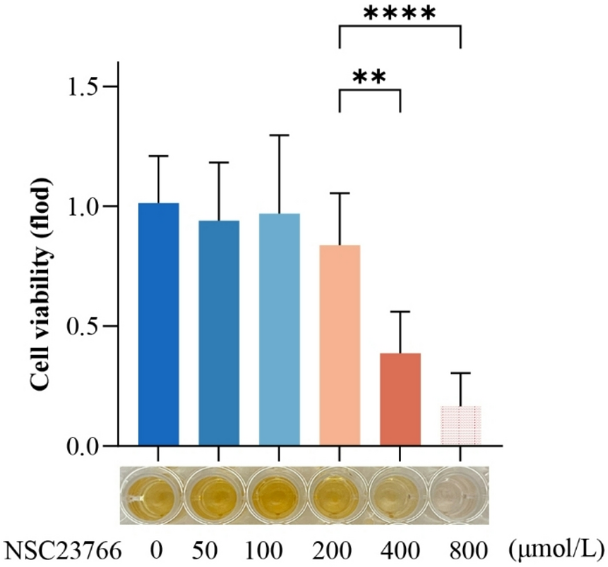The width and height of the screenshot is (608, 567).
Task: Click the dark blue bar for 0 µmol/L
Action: click(158, 324)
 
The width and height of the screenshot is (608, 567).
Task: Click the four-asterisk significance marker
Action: click(399, 14)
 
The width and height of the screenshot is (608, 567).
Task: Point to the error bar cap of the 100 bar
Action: click(279, 135)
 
